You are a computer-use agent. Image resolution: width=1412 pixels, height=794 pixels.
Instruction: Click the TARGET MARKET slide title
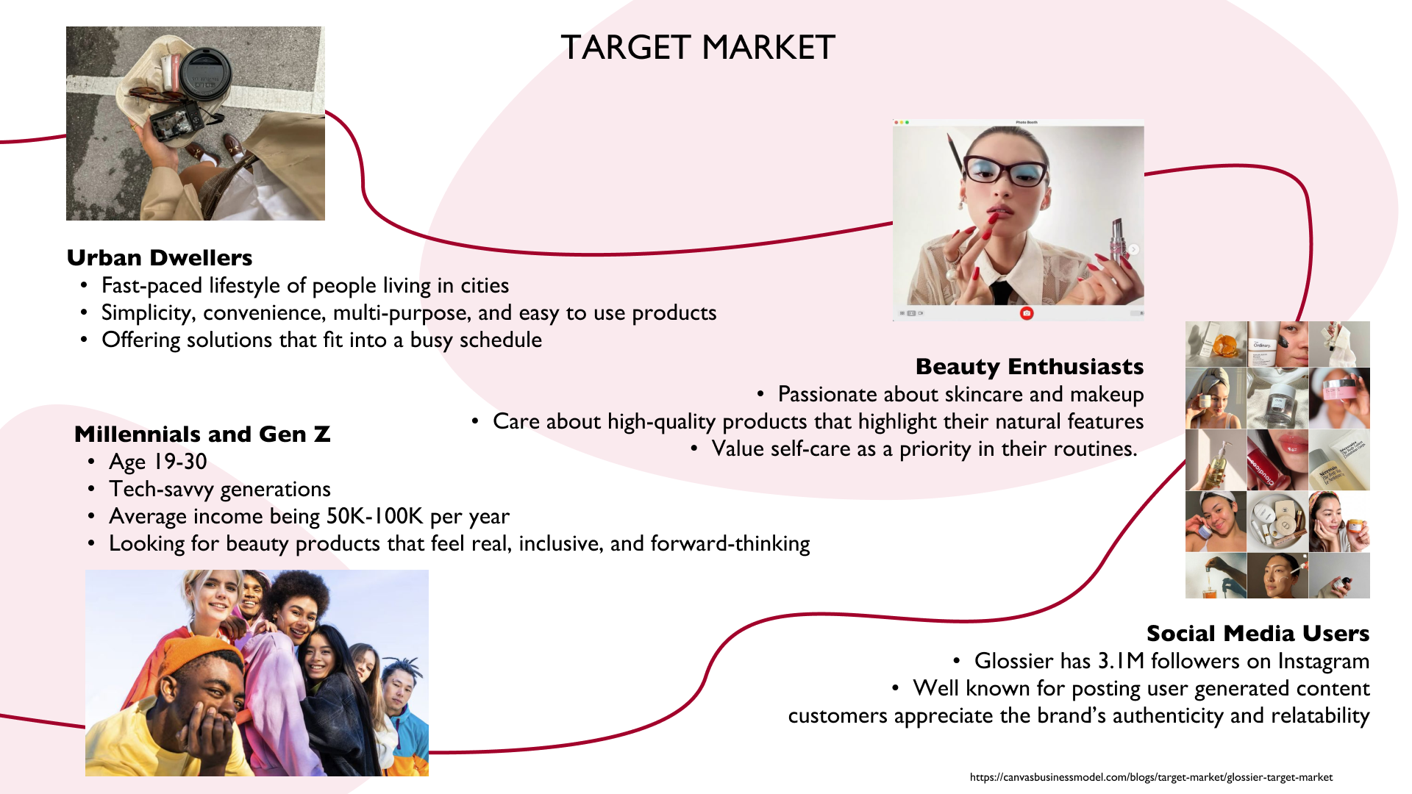coord(697,48)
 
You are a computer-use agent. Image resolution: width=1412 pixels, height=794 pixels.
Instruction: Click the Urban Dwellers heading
coord(160,258)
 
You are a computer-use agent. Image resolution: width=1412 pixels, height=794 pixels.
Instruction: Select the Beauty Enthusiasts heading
coord(1029,366)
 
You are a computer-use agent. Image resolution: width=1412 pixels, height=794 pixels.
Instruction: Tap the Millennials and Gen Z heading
coord(202,434)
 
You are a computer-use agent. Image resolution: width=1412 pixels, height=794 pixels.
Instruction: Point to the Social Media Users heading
coord(1257,633)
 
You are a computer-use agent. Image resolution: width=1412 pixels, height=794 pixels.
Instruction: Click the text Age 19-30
coord(157,462)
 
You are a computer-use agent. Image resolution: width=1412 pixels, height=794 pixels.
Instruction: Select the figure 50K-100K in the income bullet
coord(374,516)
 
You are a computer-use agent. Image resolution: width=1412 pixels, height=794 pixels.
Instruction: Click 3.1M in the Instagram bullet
coord(1121,661)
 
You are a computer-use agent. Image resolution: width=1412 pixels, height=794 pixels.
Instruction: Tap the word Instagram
coord(1323,661)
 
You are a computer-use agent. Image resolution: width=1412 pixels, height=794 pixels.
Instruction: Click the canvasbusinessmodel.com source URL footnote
coord(1150,777)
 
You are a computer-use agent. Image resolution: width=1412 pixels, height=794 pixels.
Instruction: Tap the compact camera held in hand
coord(176,121)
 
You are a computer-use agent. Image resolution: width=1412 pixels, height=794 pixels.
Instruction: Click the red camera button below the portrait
coord(1027,313)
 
